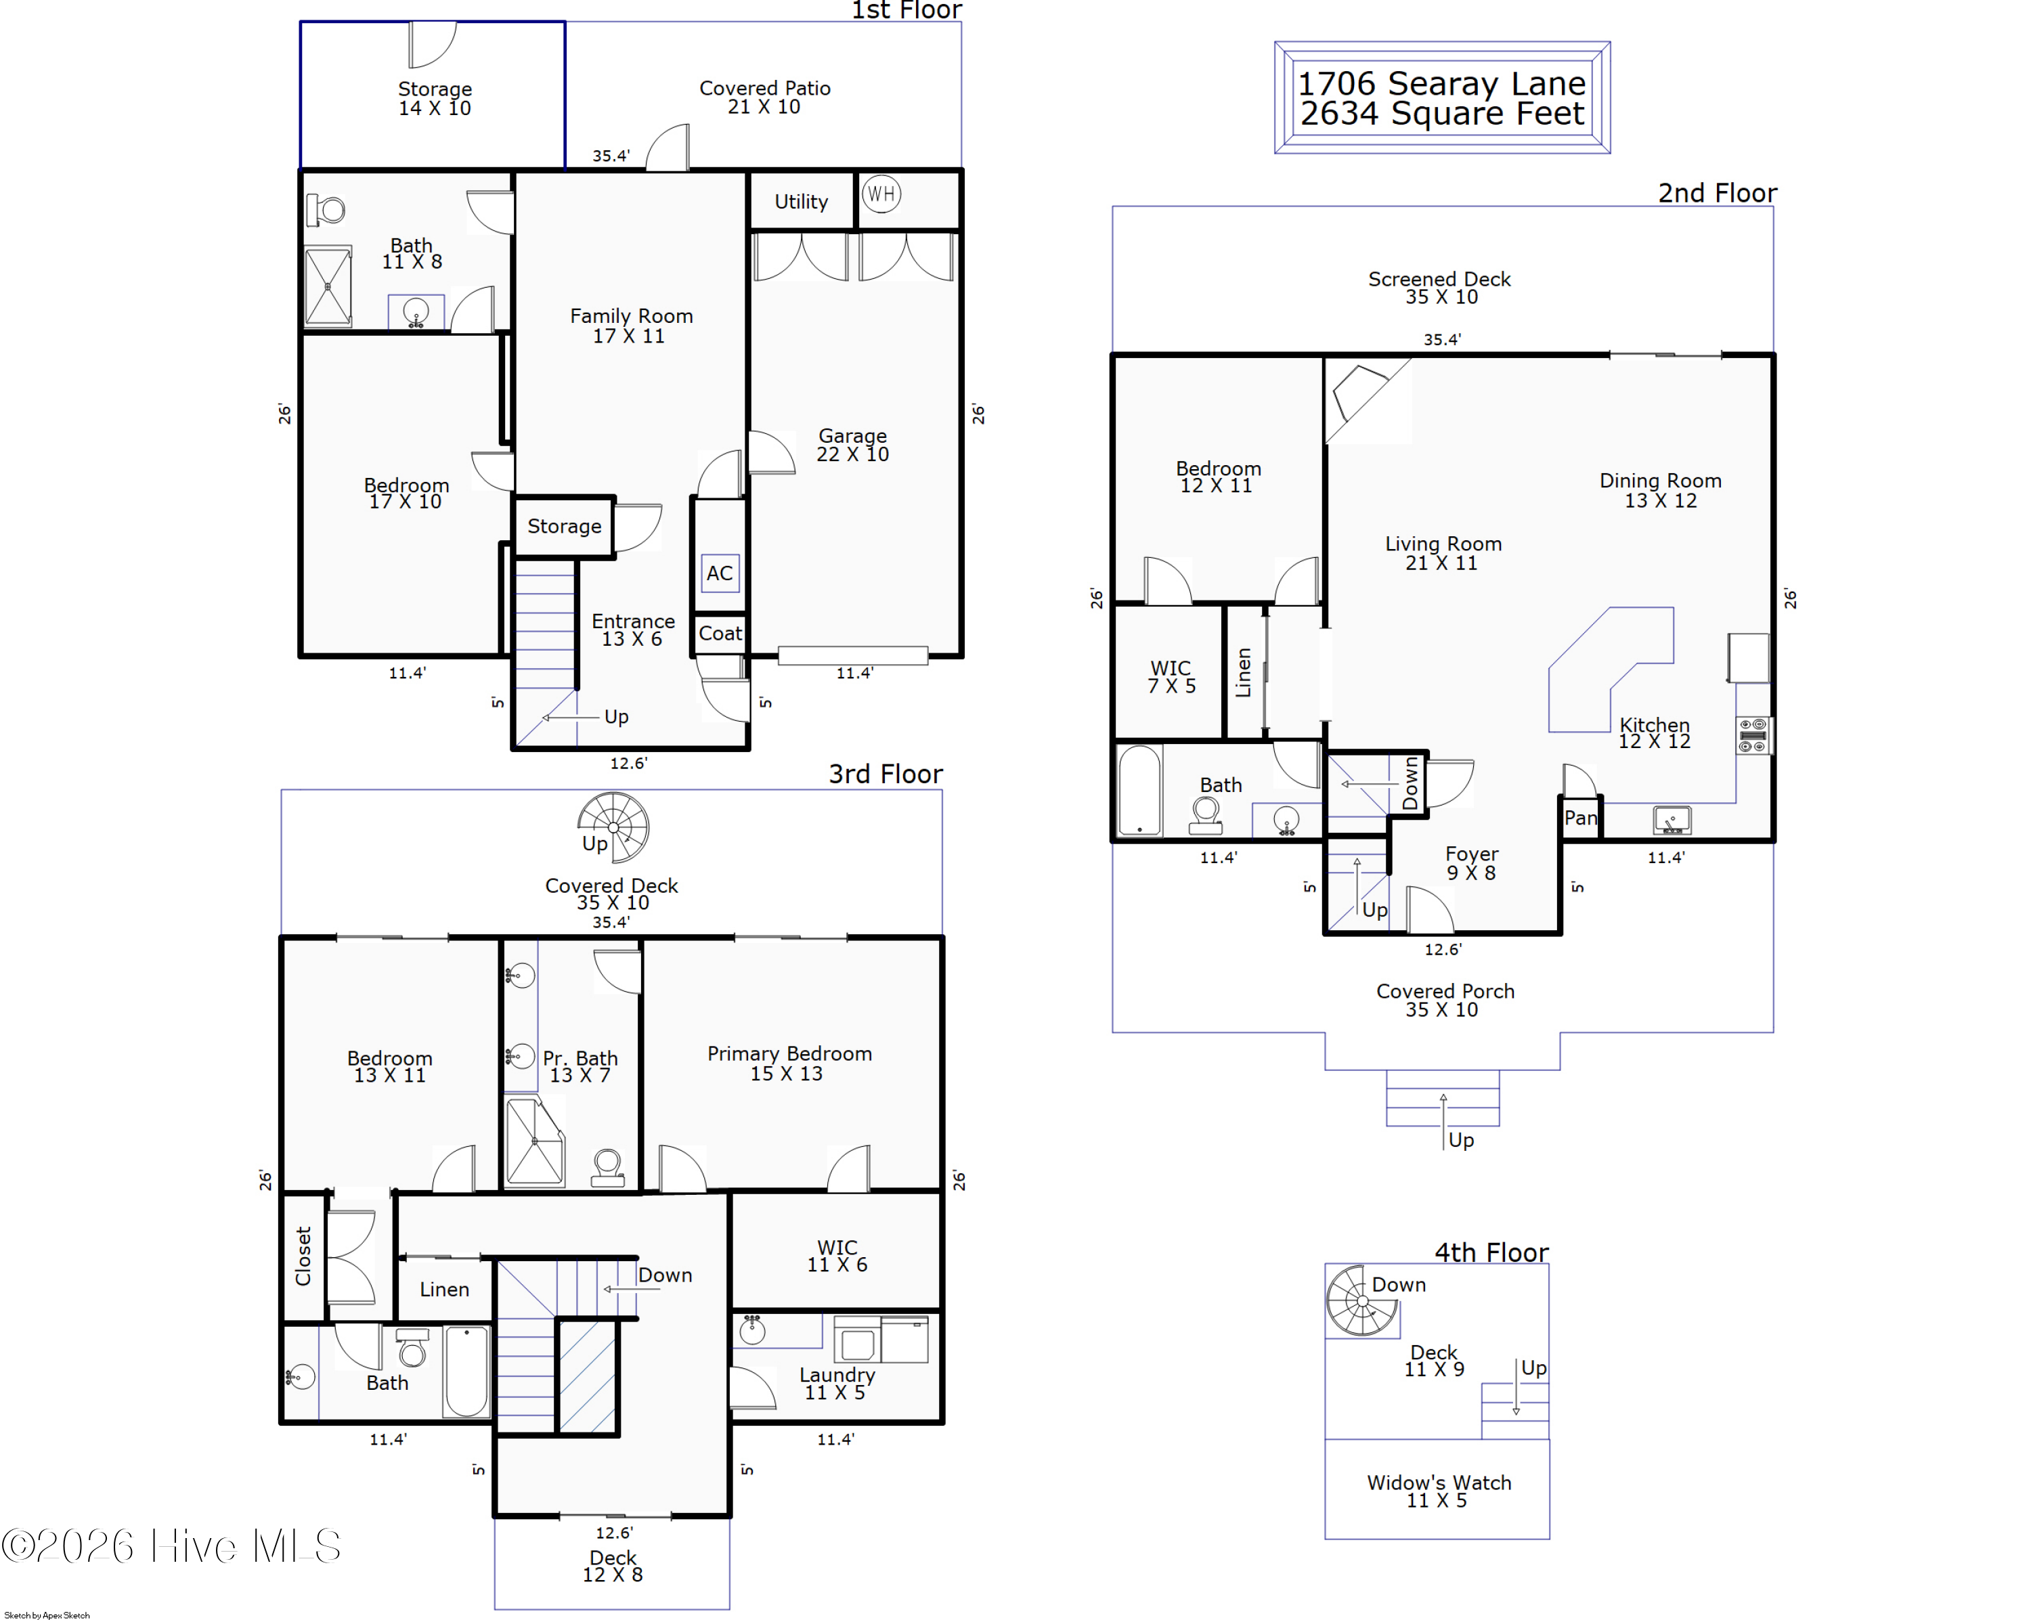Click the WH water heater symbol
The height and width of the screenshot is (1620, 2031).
881,194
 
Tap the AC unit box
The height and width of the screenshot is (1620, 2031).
720,573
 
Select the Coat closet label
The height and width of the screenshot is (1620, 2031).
720,634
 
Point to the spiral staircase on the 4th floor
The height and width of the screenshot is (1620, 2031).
1362,1300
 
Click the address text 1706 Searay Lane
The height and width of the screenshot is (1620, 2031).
1441,83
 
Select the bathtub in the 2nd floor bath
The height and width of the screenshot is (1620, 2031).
1140,790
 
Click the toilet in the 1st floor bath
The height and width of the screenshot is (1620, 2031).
326,209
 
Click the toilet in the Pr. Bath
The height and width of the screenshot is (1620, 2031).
607,1168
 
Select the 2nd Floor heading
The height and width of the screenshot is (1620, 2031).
1718,193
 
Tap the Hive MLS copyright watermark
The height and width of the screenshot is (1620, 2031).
171,1546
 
